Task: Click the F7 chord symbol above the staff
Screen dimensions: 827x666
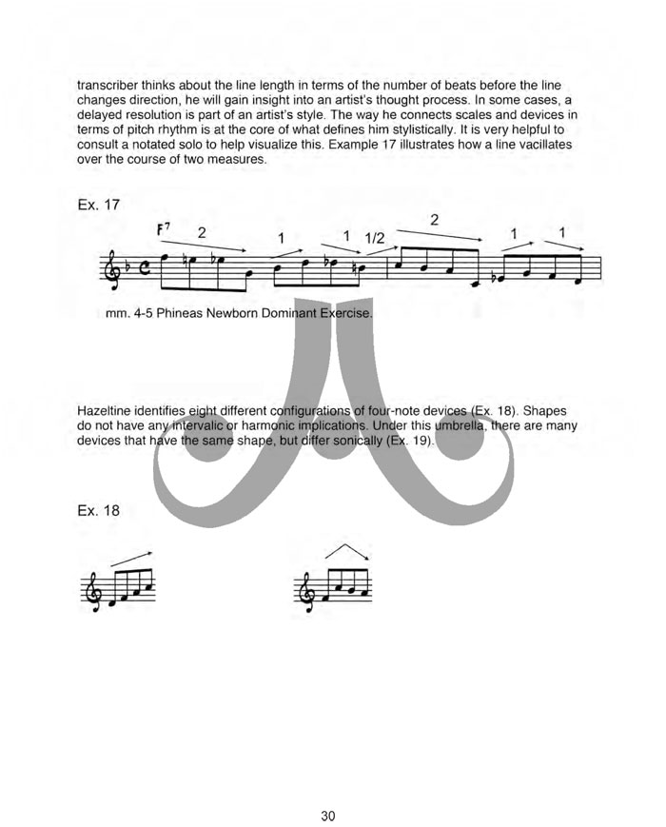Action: point(164,231)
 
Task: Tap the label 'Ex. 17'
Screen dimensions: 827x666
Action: point(99,203)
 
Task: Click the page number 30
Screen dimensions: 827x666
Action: point(328,789)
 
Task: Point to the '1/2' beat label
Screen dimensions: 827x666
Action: point(375,238)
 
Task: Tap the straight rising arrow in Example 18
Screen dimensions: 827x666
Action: point(131,558)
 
